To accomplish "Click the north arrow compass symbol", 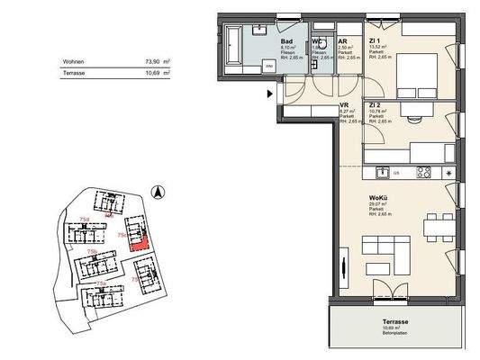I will pos(156,192).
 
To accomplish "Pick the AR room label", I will pos(342,41).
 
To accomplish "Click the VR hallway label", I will pos(344,105).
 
